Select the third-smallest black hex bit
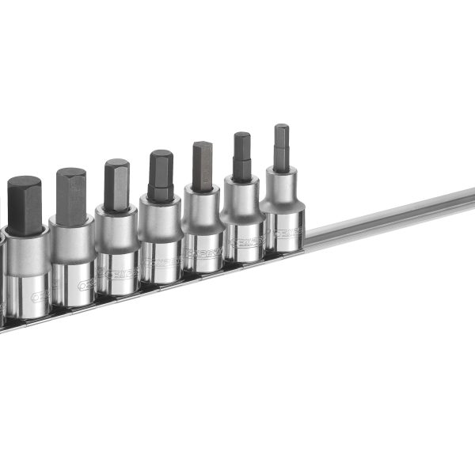203,165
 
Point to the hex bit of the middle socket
161,174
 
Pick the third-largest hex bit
116,184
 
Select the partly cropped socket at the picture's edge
2,277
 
